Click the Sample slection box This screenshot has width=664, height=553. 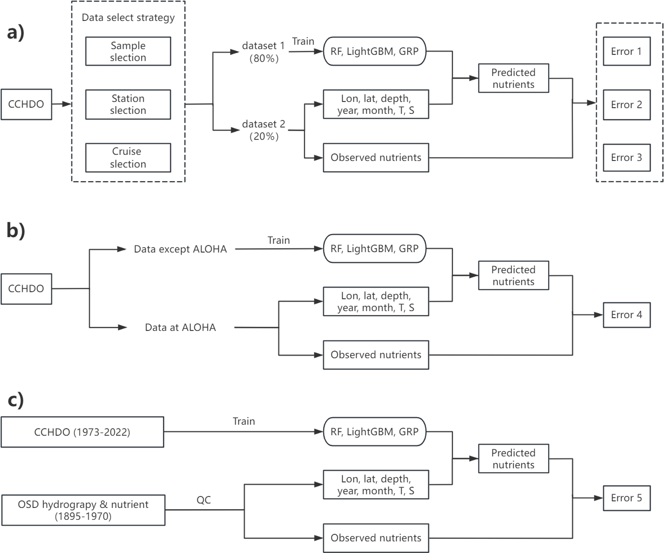128,51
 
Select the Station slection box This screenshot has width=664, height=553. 128,104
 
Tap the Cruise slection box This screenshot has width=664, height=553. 128,157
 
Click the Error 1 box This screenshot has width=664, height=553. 626,51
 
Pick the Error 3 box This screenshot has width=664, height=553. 626,157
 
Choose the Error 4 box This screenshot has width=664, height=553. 626,315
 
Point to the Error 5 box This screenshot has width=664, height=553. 626,498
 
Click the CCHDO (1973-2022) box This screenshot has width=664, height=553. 82,432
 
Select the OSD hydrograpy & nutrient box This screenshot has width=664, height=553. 83,510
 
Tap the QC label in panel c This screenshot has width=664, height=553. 203,500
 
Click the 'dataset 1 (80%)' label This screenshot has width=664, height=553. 264,52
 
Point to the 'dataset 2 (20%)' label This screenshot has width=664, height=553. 264,130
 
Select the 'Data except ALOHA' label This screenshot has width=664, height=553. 180,249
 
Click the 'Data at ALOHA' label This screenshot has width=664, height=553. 180,327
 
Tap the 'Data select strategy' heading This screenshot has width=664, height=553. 128,18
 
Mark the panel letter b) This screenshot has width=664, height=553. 16,230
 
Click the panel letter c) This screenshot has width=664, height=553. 16,400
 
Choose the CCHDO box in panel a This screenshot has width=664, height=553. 26,104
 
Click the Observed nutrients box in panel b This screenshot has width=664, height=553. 376,355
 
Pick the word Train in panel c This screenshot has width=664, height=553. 244,421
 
